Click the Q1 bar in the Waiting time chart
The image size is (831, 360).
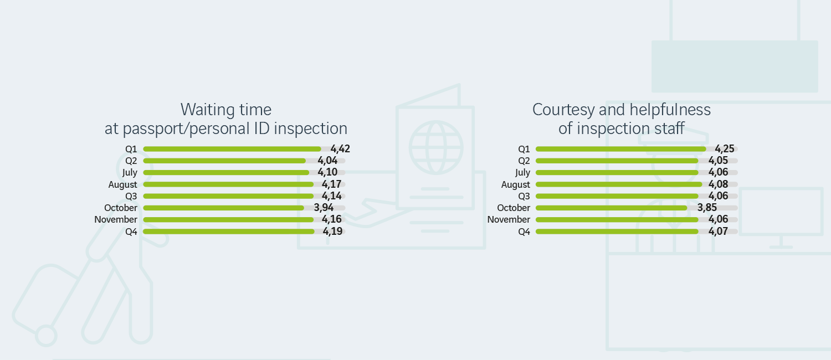coord(232,149)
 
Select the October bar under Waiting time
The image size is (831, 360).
coord(223,208)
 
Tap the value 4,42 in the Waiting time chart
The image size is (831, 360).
coord(340,148)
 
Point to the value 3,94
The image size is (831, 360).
coord(324,208)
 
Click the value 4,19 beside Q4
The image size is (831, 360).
coord(333,232)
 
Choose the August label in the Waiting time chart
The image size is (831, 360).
coord(122,184)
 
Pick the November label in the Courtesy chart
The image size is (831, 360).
coord(509,220)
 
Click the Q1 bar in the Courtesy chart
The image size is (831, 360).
coord(620,149)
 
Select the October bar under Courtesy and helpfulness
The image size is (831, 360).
coord(611,208)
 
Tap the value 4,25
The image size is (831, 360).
coord(725,148)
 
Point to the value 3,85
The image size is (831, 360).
coord(707,208)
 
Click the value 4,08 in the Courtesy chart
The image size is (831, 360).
coord(718,184)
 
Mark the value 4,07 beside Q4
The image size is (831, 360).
coord(718,232)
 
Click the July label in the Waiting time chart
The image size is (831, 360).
coord(130,173)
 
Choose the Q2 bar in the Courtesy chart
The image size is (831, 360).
coord(617,161)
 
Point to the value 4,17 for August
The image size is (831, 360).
coord(331,184)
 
